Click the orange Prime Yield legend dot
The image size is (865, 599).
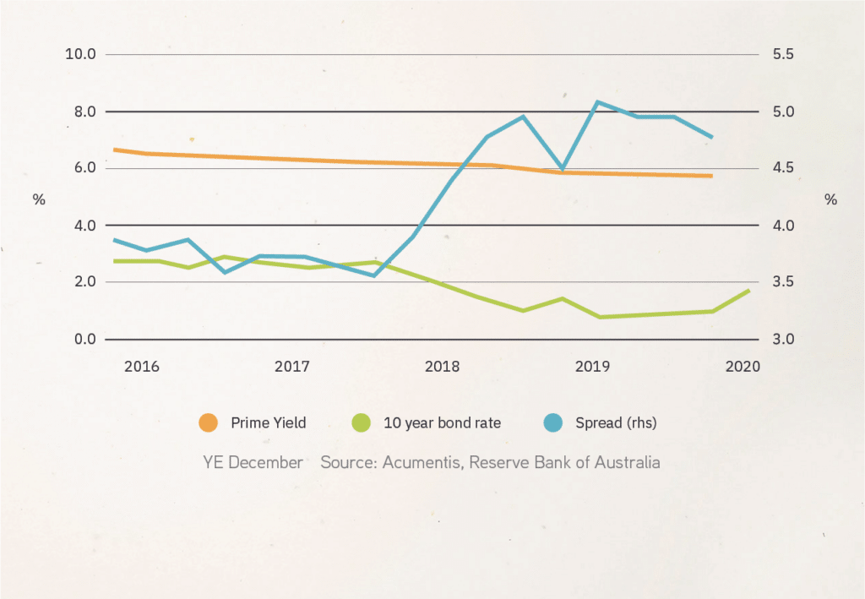tap(208, 422)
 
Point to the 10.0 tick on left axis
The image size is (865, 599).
tap(79, 55)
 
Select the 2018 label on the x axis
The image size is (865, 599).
tap(442, 367)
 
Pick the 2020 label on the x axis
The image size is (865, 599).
tap(743, 367)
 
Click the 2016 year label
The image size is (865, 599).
tap(141, 367)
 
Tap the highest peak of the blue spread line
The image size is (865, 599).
tap(597, 102)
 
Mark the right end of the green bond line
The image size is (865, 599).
tap(748, 291)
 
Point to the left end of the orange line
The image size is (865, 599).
tap(114, 150)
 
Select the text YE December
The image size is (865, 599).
tap(252, 463)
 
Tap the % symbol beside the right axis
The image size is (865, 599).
tap(830, 200)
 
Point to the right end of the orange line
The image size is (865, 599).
tap(712, 176)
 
